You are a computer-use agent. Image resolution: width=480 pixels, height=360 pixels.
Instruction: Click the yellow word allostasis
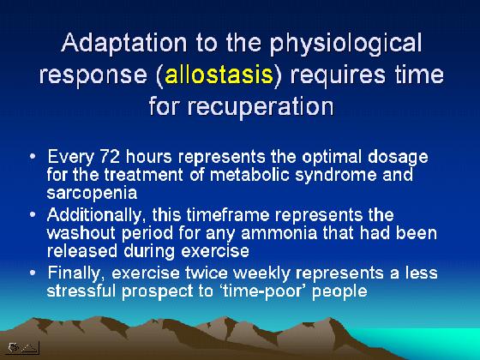click(x=219, y=75)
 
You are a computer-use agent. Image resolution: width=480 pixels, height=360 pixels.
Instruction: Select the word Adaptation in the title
click(x=123, y=42)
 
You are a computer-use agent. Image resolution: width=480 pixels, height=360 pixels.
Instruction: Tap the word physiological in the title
click(x=345, y=43)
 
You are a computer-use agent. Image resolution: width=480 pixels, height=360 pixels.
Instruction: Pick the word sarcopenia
click(x=92, y=194)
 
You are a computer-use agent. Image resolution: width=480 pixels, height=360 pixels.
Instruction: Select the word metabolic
click(x=249, y=175)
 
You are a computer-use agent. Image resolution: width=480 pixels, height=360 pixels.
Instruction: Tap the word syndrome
click(x=336, y=176)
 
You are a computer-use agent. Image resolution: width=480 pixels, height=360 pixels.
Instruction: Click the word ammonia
click(x=279, y=233)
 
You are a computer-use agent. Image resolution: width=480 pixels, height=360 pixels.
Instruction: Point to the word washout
click(x=81, y=233)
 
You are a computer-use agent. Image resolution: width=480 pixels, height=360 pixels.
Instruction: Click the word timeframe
click(x=228, y=214)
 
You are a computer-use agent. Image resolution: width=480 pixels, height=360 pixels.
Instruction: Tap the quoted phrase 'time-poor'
click(x=263, y=291)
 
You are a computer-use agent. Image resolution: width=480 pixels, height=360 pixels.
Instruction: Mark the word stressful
click(x=81, y=291)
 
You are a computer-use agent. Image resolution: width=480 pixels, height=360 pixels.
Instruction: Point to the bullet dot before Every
click(x=33, y=156)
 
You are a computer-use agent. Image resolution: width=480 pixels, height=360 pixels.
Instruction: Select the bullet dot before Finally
click(x=33, y=273)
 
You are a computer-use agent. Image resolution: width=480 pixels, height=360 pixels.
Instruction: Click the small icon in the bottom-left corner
click(x=23, y=347)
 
